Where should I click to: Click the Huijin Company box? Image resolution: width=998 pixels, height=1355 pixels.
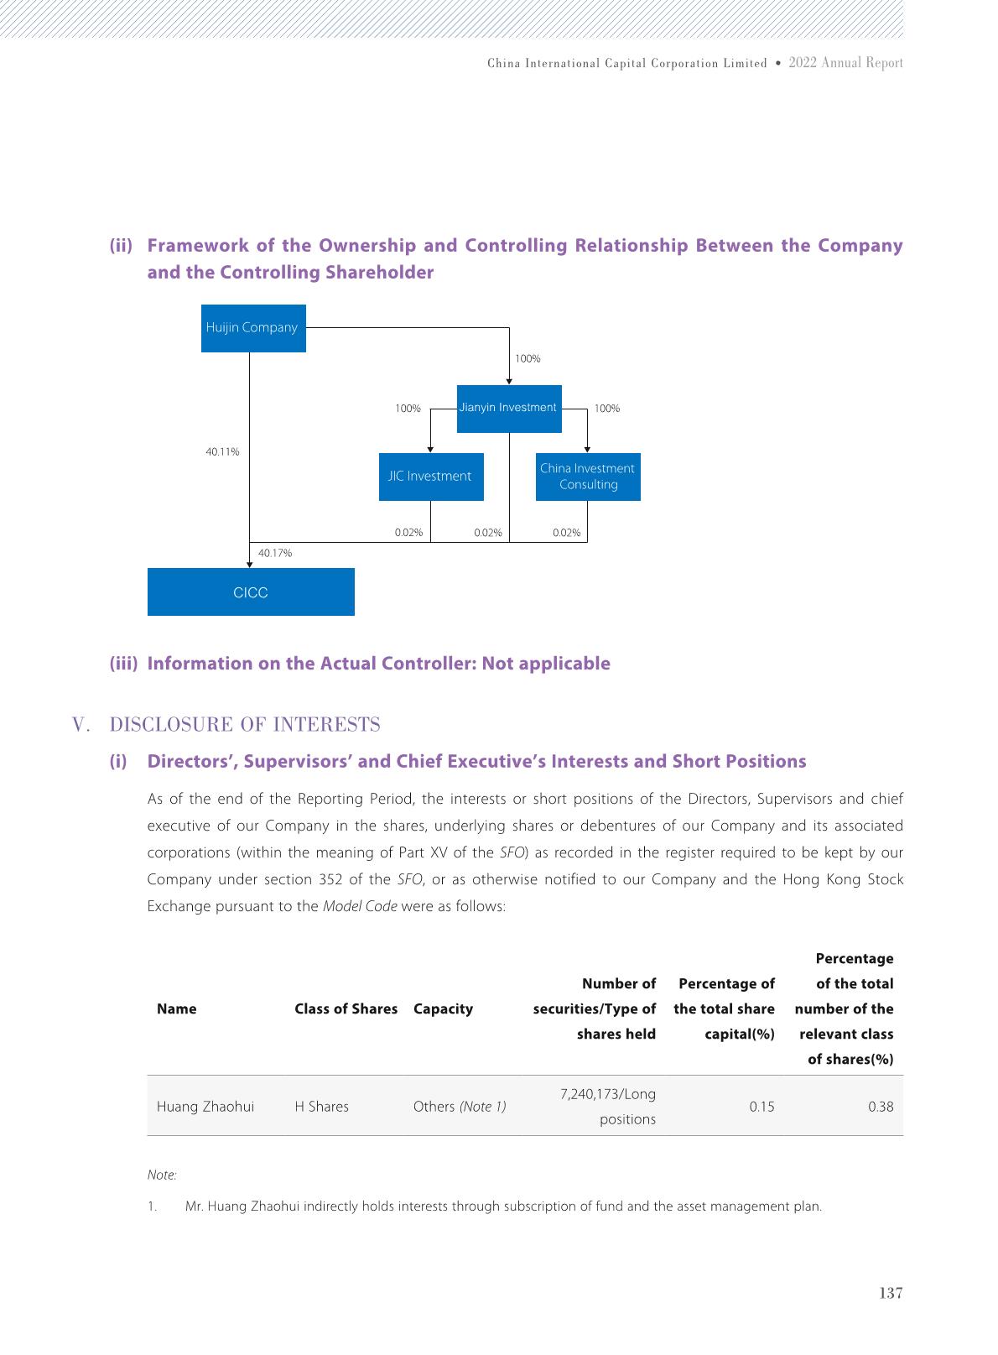(x=253, y=328)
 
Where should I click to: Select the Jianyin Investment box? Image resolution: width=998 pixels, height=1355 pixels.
(x=508, y=409)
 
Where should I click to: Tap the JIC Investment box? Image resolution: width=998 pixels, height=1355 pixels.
(x=430, y=477)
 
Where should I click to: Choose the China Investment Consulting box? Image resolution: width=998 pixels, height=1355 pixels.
(x=587, y=477)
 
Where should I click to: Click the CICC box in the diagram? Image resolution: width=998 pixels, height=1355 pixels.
(x=251, y=592)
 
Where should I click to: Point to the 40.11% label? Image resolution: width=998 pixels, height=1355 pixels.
(x=222, y=452)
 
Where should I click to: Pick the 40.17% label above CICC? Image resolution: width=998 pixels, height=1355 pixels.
(x=275, y=554)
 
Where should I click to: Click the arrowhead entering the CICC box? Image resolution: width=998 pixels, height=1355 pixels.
(x=249, y=565)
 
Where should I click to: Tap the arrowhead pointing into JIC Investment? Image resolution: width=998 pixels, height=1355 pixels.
(x=430, y=450)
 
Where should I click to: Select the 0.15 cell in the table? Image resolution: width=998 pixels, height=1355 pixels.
(x=761, y=1107)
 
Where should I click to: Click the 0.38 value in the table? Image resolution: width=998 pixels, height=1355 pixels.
(x=881, y=1107)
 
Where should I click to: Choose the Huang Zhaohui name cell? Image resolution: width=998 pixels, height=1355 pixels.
(x=205, y=1107)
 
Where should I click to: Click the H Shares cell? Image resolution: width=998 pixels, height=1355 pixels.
(x=321, y=1107)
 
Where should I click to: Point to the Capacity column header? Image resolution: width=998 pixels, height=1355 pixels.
(x=443, y=1009)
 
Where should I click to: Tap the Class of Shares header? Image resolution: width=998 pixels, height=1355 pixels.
(x=346, y=1009)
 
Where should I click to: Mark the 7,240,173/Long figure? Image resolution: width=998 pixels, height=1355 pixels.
(x=607, y=1094)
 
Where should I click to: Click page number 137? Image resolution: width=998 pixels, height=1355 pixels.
(x=891, y=1294)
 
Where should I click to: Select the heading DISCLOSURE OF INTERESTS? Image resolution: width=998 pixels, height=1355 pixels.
(x=245, y=725)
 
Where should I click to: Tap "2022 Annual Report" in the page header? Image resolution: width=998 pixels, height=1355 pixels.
(x=845, y=63)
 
